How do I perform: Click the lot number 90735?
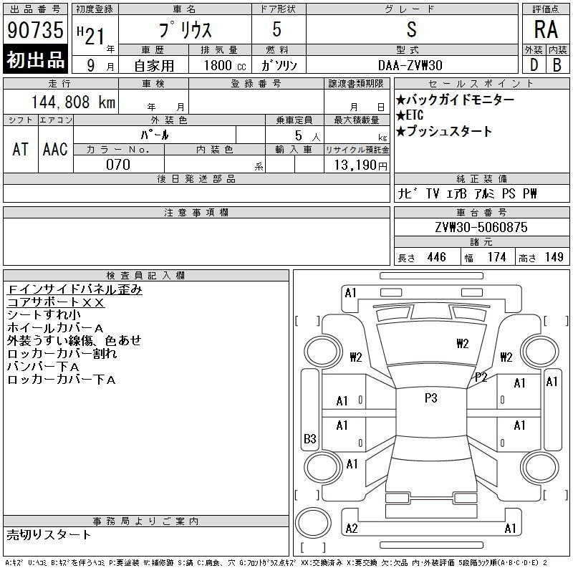pyautogui.click(x=35, y=29)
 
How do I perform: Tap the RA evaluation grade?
pyautogui.click(x=546, y=29)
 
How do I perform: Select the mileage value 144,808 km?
pyautogui.click(x=73, y=102)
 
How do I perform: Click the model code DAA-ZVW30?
pyautogui.click(x=410, y=65)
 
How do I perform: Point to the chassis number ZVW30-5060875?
pyautogui.click(x=481, y=227)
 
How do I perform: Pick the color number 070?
pyautogui.click(x=118, y=165)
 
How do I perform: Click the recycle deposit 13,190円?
pyautogui.click(x=360, y=165)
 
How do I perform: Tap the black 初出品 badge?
pyautogui.click(x=35, y=59)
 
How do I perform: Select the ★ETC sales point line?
pyautogui.click(x=410, y=115)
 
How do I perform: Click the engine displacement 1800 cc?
pyautogui.click(x=225, y=65)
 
